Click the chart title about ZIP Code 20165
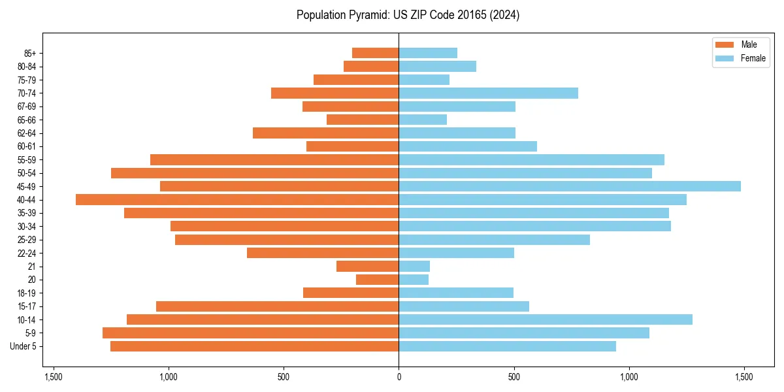[x=408, y=15]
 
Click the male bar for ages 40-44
[x=237, y=199]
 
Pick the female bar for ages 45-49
[x=570, y=186]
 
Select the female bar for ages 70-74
[x=488, y=93]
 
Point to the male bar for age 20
[x=377, y=280]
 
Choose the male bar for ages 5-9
[x=250, y=333]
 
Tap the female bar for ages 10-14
[x=546, y=319]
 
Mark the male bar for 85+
[x=375, y=53]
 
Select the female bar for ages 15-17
[x=464, y=306]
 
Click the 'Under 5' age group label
[x=23, y=346]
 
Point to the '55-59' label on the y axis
[x=26, y=159]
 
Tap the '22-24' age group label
[x=26, y=253]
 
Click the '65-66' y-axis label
[x=26, y=120]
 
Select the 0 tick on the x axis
[x=399, y=377]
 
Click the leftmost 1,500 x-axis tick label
[x=54, y=377]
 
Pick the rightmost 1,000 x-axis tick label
[x=629, y=377]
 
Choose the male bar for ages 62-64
[x=325, y=133]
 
